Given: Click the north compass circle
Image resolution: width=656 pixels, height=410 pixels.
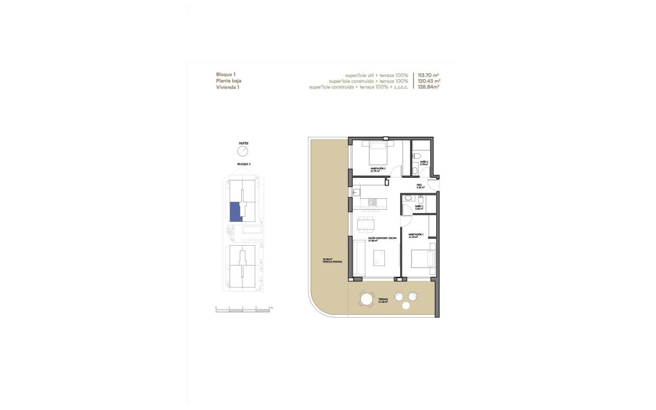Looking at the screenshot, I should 242,151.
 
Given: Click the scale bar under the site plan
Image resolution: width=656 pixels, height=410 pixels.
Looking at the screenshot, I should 242,311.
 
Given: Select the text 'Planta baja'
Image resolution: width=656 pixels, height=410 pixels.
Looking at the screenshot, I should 229,81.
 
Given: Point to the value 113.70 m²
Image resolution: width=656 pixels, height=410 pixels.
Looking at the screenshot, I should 429,75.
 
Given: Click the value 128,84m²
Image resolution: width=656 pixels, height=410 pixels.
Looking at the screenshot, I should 429,87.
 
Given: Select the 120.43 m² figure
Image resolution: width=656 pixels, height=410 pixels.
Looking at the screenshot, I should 429,81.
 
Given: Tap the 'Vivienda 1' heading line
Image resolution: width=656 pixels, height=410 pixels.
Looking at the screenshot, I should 228,87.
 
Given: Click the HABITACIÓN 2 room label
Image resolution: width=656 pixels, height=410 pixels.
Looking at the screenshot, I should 378,169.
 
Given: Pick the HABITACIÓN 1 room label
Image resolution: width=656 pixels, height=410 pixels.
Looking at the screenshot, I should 416,236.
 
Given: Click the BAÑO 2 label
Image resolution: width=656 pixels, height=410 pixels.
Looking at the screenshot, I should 424,163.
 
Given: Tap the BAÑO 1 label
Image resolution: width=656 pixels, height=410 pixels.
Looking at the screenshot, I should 419,208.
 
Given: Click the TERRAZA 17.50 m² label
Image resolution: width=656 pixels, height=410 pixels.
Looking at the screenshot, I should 383,301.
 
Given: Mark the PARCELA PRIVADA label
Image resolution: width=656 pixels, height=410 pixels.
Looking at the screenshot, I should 332,260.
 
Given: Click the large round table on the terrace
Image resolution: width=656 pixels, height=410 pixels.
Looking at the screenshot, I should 366,299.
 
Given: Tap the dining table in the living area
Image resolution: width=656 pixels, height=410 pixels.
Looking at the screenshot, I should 366,223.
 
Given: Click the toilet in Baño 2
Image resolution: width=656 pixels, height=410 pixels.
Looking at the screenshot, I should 417,155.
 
